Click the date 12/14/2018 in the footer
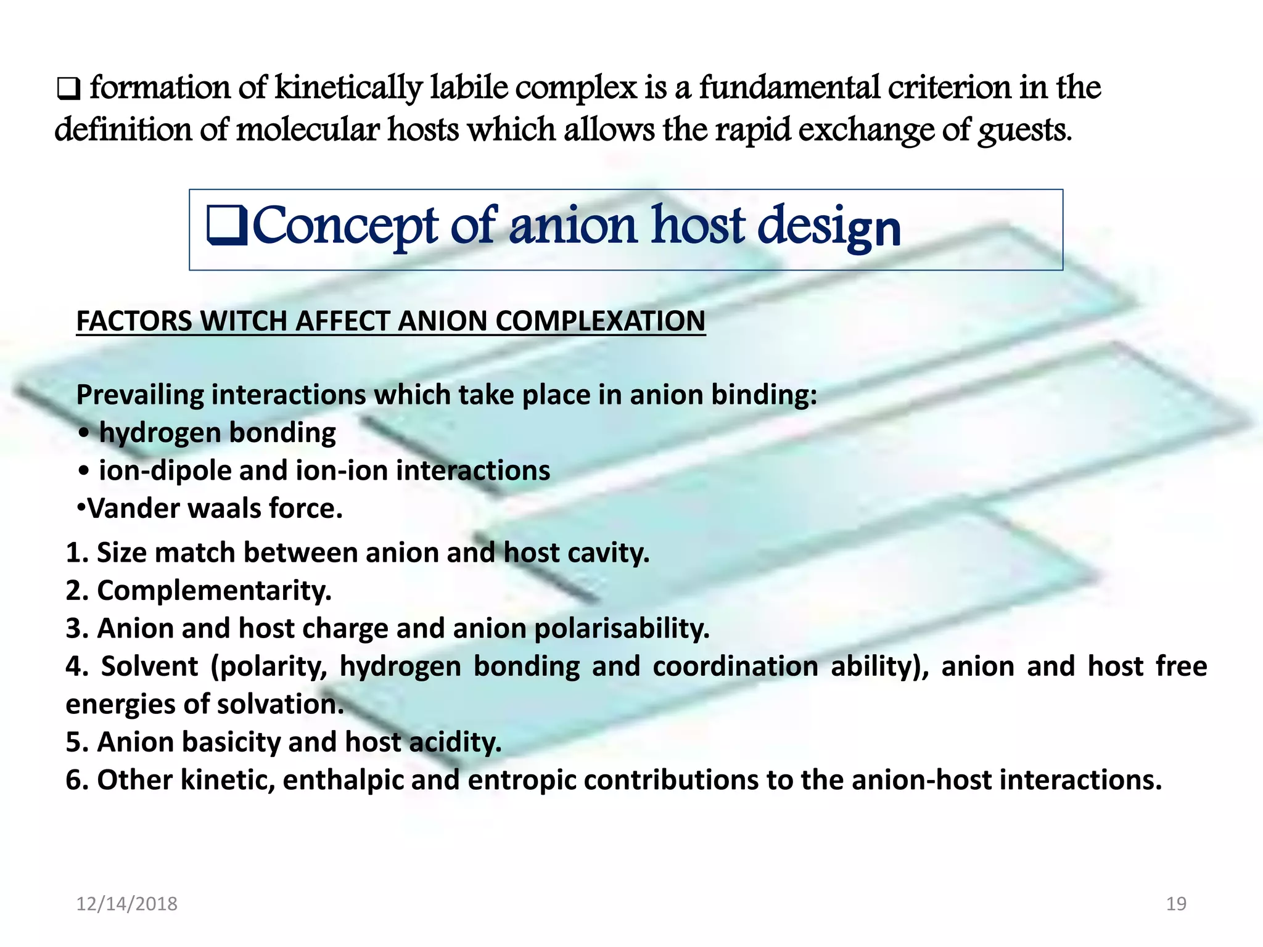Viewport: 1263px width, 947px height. coord(126,904)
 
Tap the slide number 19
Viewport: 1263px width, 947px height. coord(1176,904)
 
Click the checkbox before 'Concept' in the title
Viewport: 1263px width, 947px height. coord(227,226)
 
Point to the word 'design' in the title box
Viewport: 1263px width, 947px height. coord(829,227)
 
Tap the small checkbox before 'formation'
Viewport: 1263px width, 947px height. coord(68,90)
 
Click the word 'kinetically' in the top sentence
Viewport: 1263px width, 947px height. coord(348,88)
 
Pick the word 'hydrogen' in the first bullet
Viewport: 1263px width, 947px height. coord(157,433)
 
